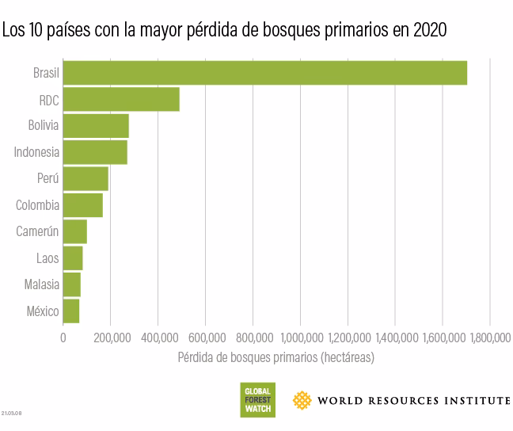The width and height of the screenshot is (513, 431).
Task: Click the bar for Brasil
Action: tap(264, 73)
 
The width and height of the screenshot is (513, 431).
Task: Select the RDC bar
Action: tap(121, 100)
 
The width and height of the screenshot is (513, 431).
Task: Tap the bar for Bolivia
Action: tap(96, 126)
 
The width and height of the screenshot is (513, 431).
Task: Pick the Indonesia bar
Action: tap(95, 152)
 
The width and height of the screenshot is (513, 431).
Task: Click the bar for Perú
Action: tap(85, 179)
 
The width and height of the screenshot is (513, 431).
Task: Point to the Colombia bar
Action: tap(82, 205)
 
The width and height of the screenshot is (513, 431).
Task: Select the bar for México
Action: tap(71, 311)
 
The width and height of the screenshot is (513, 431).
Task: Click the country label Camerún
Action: tap(38, 232)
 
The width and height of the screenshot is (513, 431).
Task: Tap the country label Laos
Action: tap(47, 258)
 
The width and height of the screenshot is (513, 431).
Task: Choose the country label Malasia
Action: tap(42, 284)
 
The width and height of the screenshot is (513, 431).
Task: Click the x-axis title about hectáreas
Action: tap(275, 357)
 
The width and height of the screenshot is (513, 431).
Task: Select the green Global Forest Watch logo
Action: tap(258, 399)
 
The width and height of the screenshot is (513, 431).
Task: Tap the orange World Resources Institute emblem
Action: tap(302, 400)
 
